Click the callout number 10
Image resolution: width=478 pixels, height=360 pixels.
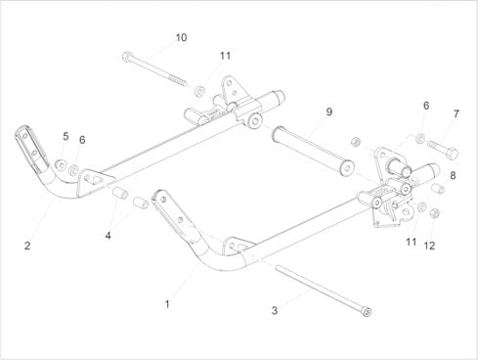point(181,37)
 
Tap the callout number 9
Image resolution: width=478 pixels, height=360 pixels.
point(329,112)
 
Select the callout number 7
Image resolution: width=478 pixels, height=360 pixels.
point(456,113)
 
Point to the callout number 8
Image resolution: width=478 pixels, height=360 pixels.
point(453,176)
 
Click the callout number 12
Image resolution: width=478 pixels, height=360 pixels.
point(429,246)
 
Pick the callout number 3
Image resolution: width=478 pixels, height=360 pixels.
point(275,310)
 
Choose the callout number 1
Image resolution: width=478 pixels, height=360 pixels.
point(167,304)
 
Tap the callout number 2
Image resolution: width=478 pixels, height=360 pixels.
point(27,246)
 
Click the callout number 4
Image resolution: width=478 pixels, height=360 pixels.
point(108,235)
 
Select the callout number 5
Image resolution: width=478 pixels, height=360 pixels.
point(65,136)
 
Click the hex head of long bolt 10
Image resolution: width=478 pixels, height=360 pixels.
point(127,57)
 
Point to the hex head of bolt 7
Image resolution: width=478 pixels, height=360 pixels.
point(452,154)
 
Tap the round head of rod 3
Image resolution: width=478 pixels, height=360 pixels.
point(368,312)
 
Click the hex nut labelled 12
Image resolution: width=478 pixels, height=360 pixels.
point(434,213)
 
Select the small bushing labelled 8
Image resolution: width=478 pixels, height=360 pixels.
point(438,189)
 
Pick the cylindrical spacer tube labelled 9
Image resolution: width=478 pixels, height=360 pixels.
point(313,151)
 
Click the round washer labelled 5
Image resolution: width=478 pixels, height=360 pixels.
point(61,164)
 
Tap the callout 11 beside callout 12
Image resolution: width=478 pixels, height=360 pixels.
point(412,242)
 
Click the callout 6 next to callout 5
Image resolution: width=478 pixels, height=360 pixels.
point(82,140)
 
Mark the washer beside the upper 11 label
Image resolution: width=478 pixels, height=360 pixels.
point(199,91)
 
